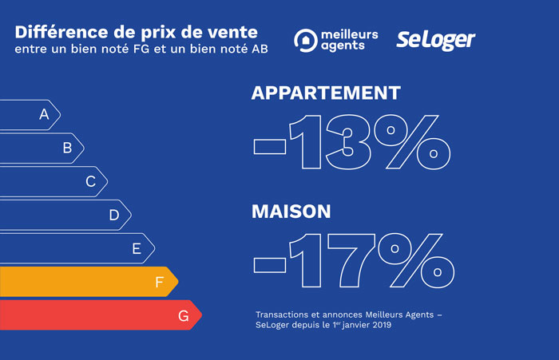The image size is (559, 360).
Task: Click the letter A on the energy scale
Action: click(x=45, y=115)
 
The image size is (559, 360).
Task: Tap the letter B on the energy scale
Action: click(x=68, y=148)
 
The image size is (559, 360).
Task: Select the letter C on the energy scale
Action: click(x=91, y=181)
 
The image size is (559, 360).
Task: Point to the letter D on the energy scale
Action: click(x=114, y=215)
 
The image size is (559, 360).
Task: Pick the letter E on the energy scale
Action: click(x=137, y=248)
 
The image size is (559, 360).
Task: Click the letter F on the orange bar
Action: click(x=160, y=282)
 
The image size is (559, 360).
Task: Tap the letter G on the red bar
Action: click(x=184, y=316)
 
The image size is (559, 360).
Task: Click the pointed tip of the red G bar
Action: click(x=200, y=315)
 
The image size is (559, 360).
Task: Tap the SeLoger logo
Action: click(x=436, y=40)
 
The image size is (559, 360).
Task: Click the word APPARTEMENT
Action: click(x=326, y=93)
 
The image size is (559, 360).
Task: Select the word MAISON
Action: click(x=291, y=212)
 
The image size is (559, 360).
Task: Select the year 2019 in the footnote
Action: click(x=379, y=325)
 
